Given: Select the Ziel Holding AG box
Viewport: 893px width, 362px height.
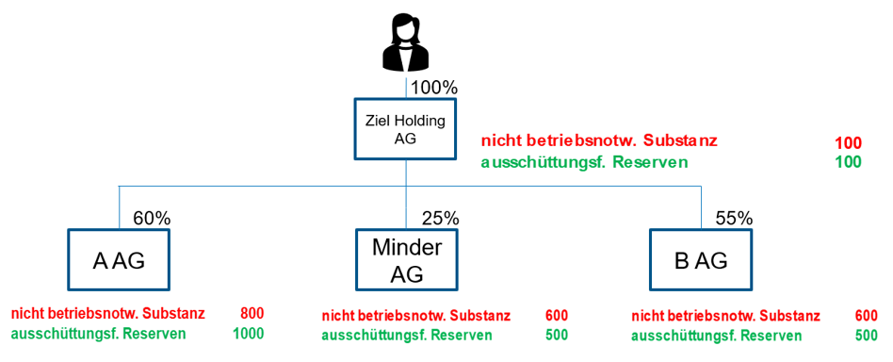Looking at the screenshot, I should [x=405, y=129].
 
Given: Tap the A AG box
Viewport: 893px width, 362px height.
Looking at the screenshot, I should [x=120, y=260].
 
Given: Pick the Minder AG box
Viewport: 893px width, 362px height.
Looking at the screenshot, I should [x=405, y=260].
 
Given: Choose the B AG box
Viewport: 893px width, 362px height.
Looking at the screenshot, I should [x=701, y=260].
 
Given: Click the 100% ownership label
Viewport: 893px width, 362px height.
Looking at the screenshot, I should [x=434, y=88].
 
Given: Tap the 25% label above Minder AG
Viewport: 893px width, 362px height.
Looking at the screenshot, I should [x=440, y=219].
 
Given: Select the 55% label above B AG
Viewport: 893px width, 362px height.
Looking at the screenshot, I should [x=734, y=219].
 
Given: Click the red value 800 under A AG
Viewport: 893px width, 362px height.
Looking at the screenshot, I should [x=252, y=313].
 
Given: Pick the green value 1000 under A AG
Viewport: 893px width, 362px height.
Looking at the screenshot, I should [x=248, y=333].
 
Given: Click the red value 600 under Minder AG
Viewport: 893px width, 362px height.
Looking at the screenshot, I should [x=557, y=316].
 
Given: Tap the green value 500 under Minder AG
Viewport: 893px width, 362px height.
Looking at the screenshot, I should [x=557, y=335].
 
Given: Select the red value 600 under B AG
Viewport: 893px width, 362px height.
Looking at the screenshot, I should [x=866, y=316].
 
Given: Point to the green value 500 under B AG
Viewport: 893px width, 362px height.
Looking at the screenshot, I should [x=866, y=335].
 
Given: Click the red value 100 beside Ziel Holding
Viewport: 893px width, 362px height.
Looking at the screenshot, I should [x=848, y=142].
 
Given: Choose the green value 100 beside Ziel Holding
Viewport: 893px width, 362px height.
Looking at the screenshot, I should [x=848, y=162].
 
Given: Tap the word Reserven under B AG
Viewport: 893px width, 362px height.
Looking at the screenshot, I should [x=771, y=335].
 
